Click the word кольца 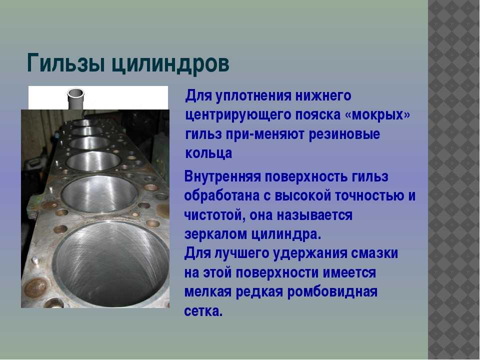click(x=208, y=153)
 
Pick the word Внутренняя click(x=222, y=177)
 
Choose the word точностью click(x=370, y=196)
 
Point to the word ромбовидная click(x=332, y=292)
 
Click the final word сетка click(x=203, y=311)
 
